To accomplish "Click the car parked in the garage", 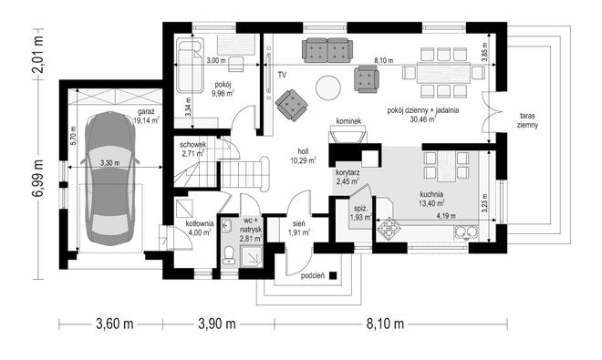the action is pyautogui.click(x=110, y=179).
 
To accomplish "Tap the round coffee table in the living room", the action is pyautogui.click(x=327, y=87).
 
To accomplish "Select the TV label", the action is pyautogui.click(x=282, y=75).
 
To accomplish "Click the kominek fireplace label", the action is pyautogui.click(x=348, y=121).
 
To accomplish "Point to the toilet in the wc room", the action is pyautogui.click(x=229, y=254).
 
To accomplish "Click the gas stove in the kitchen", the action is pyautogui.click(x=389, y=229).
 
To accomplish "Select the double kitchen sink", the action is pyautogui.click(x=466, y=231).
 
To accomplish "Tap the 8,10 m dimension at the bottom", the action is pyautogui.click(x=385, y=324).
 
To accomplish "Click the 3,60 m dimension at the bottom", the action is pyautogui.click(x=114, y=324).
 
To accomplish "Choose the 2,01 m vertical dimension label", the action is pyautogui.click(x=38, y=54).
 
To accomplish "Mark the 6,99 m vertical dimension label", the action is pyautogui.click(x=38, y=178).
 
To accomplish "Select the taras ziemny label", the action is pyautogui.click(x=527, y=120).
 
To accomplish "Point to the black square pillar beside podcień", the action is pyautogui.click(x=333, y=275).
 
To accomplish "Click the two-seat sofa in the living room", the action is pyautogui.click(x=327, y=50).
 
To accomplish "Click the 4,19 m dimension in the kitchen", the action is pyautogui.click(x=446, y=216).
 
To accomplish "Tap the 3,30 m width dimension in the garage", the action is pyautogui.click(x=109, y=163).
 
